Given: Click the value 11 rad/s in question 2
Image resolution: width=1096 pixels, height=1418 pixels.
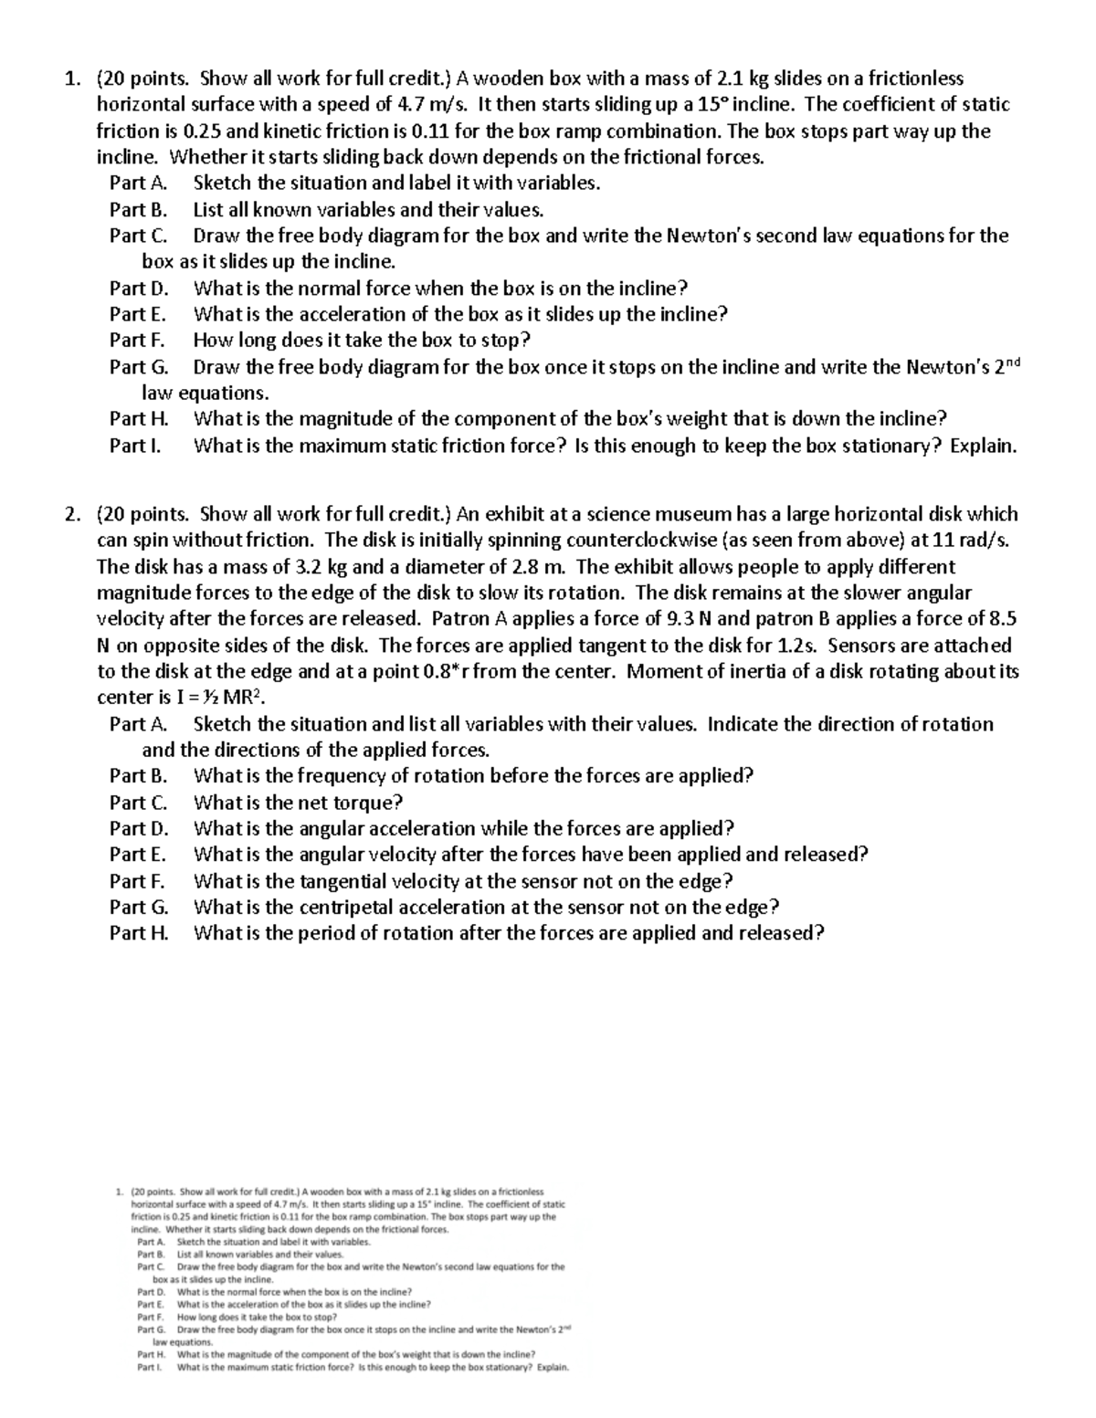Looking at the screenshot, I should pos(969,540).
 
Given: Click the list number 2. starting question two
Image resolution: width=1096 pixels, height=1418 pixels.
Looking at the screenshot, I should pos(73,514).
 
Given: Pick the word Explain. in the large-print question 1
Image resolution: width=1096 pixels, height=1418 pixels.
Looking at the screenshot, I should pos(984,446).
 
